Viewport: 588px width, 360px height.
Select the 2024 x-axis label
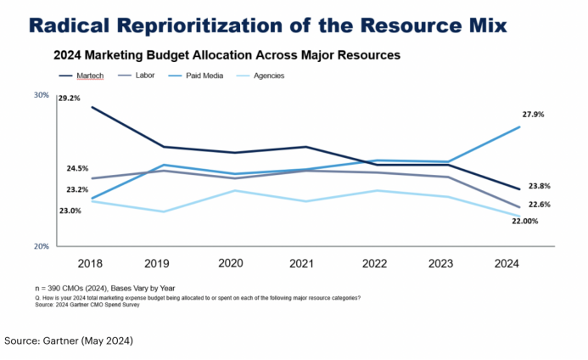pos(518,263)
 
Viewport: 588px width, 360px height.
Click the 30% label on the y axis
pos(42,95)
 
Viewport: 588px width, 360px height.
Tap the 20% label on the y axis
pos(42,246)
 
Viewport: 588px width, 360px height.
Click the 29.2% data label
pos(70,98)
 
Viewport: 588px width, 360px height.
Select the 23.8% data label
pos(539,186)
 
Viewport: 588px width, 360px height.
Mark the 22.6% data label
pos(539,204)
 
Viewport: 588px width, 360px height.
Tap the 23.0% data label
pos(70,211)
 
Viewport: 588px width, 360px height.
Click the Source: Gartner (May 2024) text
pos(69,340)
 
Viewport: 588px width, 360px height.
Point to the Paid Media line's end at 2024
pos(518,127)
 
